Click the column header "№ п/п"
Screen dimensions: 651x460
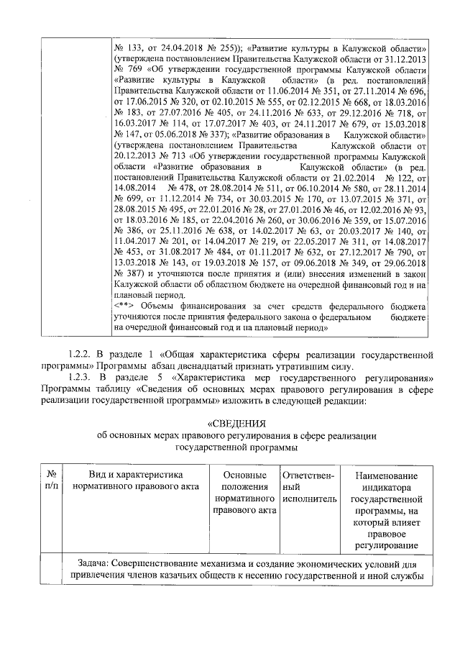(x=51, y=481)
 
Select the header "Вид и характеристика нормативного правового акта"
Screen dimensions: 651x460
(x=135, y=481)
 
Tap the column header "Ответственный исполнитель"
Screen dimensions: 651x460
(x=308, y=487)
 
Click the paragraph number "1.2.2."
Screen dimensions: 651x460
(x=82, y=354)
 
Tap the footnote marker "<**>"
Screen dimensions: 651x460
(x=126, y=306)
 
